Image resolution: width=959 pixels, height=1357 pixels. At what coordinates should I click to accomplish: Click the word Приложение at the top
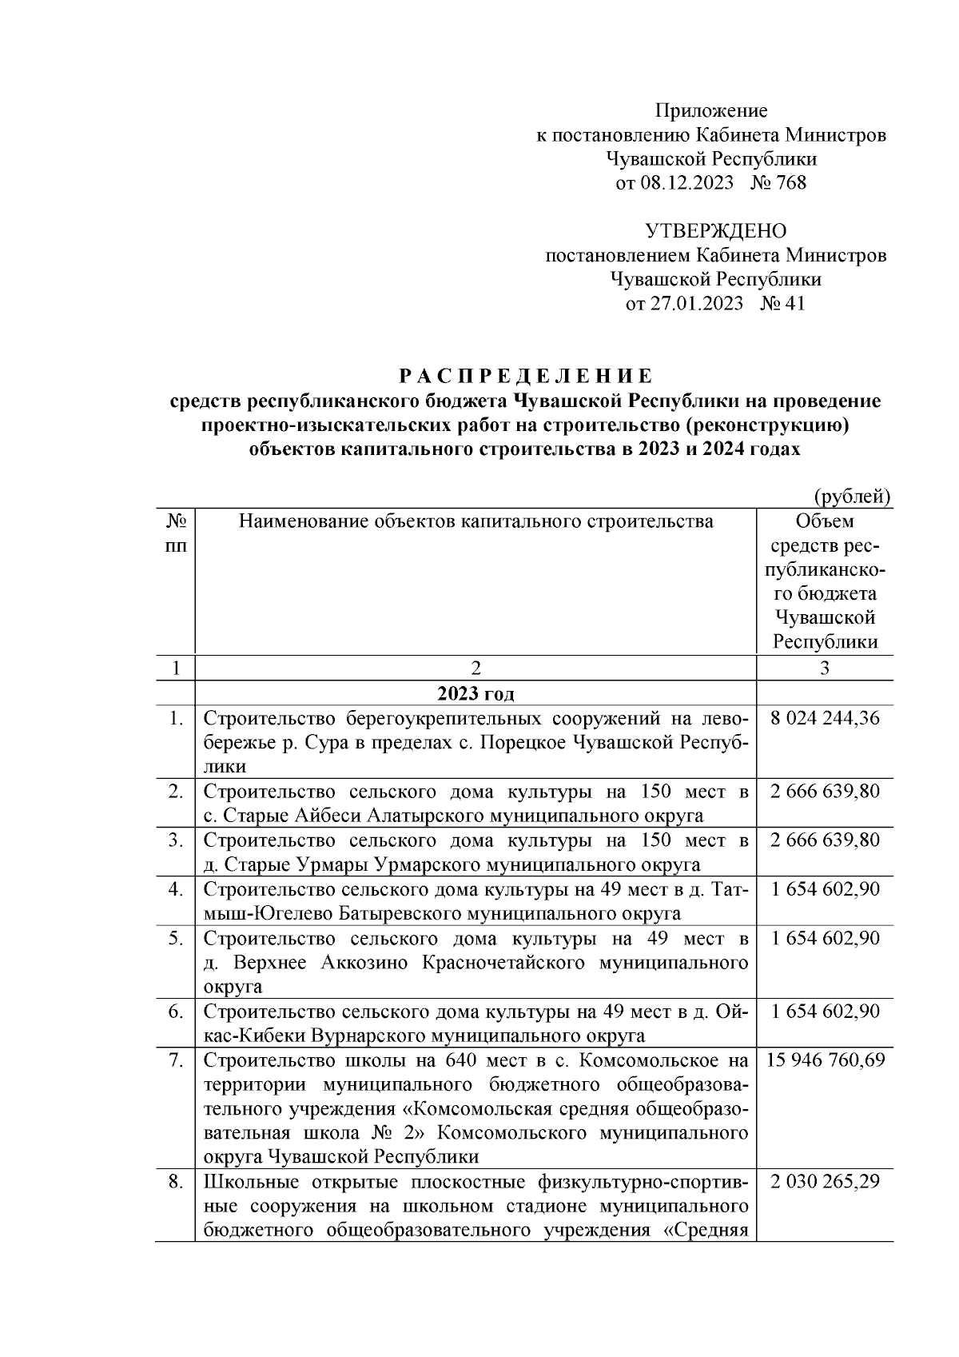click(711, 110)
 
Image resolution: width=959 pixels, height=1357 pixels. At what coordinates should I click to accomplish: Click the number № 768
click(778, 183)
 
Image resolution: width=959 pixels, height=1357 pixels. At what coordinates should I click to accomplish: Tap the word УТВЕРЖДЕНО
click(715, 232)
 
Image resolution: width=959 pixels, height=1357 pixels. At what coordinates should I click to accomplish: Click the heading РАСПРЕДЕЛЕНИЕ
click(526, 376)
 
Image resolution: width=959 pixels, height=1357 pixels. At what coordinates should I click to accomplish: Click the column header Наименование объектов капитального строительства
click(476, 522)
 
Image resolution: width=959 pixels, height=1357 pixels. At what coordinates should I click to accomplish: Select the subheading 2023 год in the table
click(476, 692)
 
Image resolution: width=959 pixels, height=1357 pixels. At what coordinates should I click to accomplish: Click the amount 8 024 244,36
click(825, 718)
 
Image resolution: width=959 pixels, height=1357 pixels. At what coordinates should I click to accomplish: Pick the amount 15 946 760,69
click(825, 1060)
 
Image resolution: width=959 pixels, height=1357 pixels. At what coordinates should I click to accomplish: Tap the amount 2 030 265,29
click(825, 1182)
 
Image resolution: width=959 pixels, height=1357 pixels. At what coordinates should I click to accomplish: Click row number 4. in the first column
click(176, 889)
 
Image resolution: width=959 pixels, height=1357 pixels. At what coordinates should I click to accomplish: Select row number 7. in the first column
click(176, 1060)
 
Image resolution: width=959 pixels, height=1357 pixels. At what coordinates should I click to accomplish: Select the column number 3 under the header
click(825, 669)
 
